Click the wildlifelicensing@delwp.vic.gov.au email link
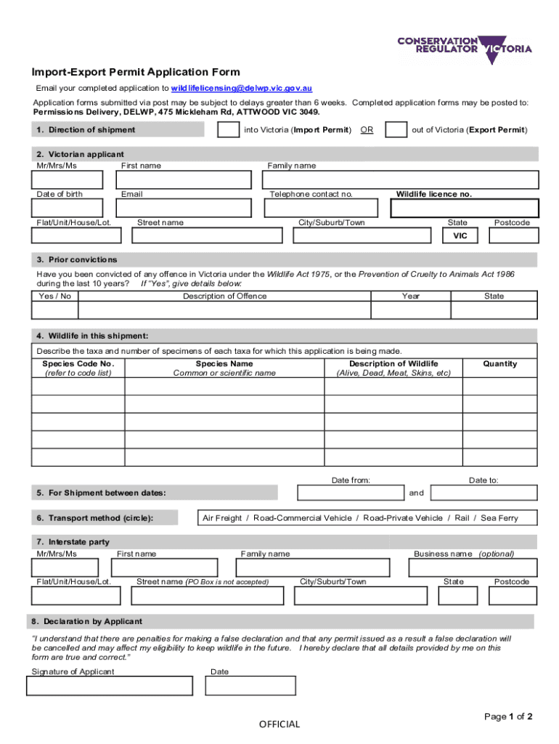pos(242,88)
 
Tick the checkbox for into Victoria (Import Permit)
pos(229,130)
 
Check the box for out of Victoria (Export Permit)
pos(396,130)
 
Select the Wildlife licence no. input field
pos(465,209)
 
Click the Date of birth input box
pos(70,209)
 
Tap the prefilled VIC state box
pos(460,236)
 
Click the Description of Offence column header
pos(224,296)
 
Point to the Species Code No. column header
pos(78,363)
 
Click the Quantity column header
pos(500,363)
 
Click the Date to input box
pos(483,493)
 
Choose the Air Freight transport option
pos(221,518)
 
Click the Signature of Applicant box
pos(110,686)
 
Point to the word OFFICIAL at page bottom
pos(279,724)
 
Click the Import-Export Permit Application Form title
pos(135,72)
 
